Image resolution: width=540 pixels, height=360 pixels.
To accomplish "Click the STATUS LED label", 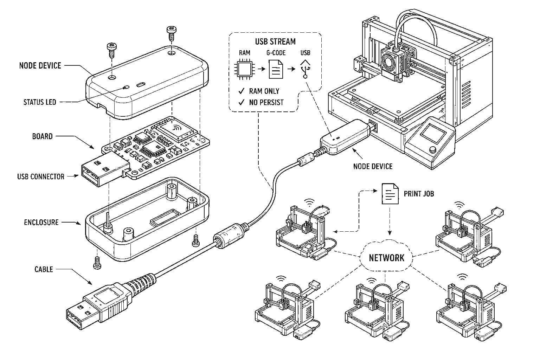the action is (40, 102).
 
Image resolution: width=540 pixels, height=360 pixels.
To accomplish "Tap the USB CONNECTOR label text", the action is (41, 176).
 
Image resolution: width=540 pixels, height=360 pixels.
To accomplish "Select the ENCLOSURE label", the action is (41, 222).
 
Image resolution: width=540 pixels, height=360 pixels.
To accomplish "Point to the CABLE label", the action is (44, 269).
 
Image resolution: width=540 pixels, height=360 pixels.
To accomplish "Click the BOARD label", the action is (43, 136).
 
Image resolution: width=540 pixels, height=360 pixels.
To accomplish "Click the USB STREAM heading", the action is (275, 42).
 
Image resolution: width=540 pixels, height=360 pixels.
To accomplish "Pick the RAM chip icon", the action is (245, 69).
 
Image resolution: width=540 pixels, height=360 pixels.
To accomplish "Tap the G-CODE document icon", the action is (276, 69).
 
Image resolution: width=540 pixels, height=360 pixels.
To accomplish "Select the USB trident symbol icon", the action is (306, 69).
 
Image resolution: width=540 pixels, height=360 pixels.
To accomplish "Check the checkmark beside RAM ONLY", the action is (241, 91).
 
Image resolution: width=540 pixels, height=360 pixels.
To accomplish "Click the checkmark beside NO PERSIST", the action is (241, 102).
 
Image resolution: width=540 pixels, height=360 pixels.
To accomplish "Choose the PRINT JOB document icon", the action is (390, 194).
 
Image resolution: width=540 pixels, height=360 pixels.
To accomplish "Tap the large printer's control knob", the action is (433, 150).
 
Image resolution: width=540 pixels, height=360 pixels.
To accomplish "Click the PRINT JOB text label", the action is (419, 194).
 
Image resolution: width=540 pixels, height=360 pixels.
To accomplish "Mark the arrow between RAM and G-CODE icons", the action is (261, 69).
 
